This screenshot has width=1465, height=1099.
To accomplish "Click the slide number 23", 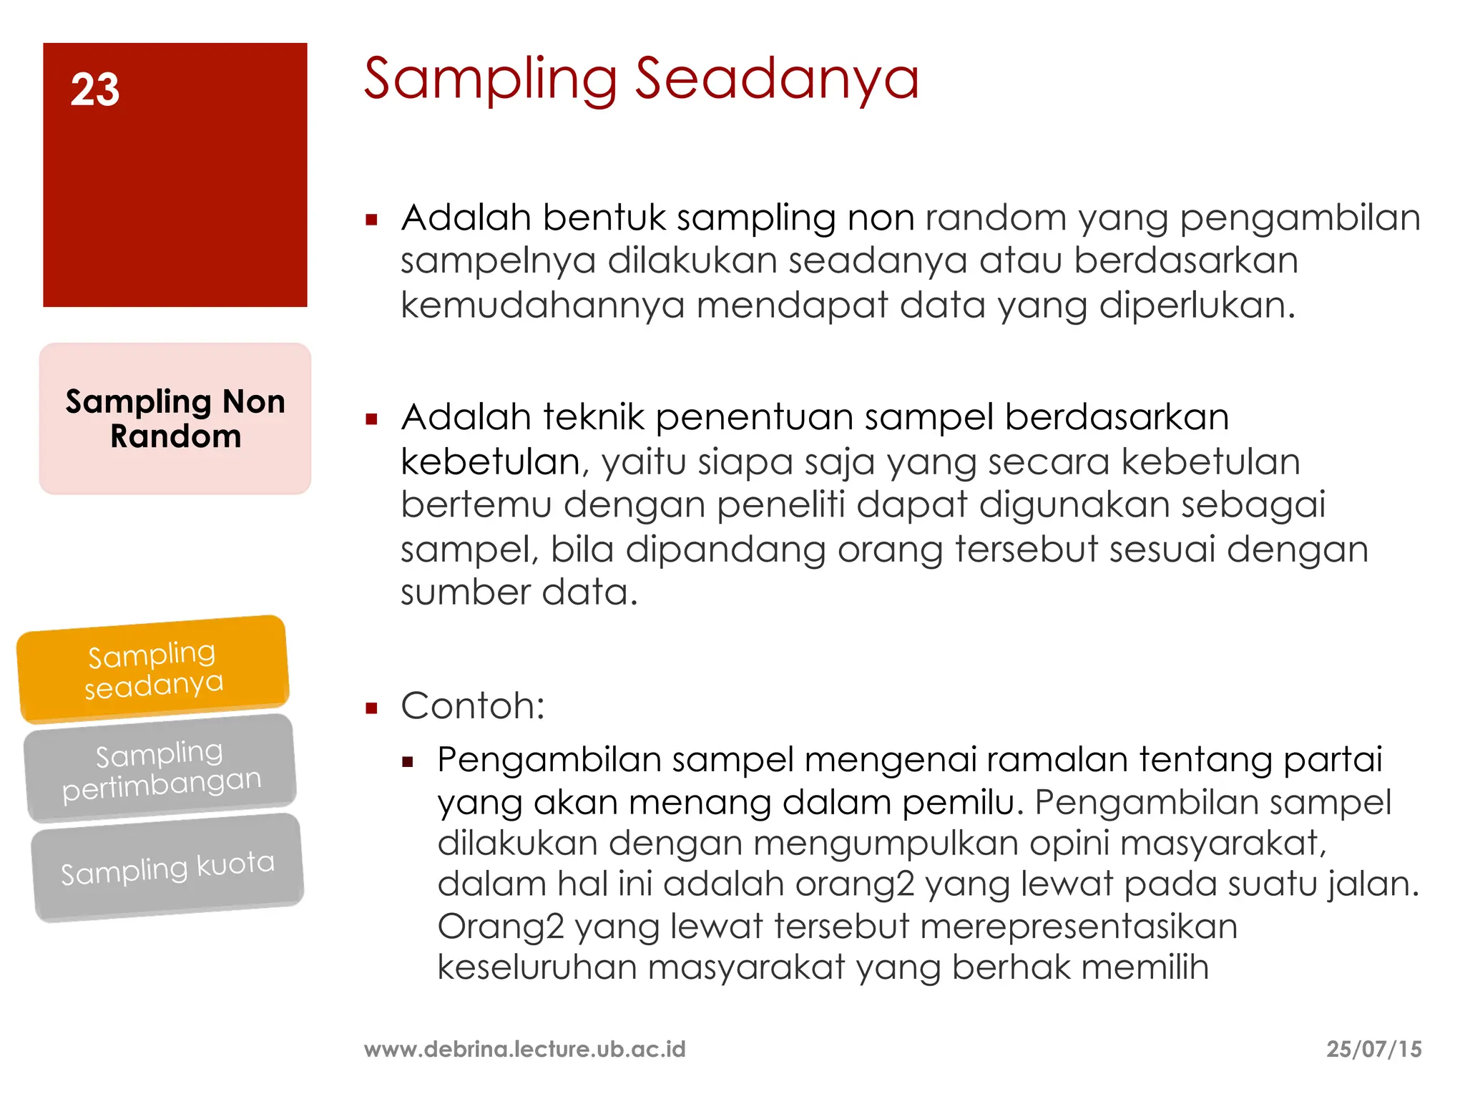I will (94, 90).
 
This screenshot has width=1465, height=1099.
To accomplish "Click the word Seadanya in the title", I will (777, 79).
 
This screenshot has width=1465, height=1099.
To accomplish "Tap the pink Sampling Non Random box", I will (175, 419).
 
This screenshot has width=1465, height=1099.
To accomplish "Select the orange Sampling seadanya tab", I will (153, 669).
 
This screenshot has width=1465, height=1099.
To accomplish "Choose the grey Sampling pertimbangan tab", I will (160, 769).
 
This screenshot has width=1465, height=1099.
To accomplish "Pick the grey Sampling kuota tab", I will (167, 867).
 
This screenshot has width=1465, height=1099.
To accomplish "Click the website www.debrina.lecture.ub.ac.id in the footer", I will (524, 1049).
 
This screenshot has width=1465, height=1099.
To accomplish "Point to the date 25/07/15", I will (1373, 1049).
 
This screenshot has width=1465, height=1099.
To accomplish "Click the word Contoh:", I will (473, 706).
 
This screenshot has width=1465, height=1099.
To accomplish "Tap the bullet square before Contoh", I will (371, 709).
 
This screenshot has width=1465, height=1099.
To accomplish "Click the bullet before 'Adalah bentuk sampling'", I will (371, 220).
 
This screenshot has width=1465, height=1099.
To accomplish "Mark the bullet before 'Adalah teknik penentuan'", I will (371, 419).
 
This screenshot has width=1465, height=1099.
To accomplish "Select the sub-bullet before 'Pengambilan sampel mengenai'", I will (408, 762).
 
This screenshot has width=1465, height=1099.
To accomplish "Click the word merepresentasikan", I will (1078, 927).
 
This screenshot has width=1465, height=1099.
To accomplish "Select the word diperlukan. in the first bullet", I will (1197, 306).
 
